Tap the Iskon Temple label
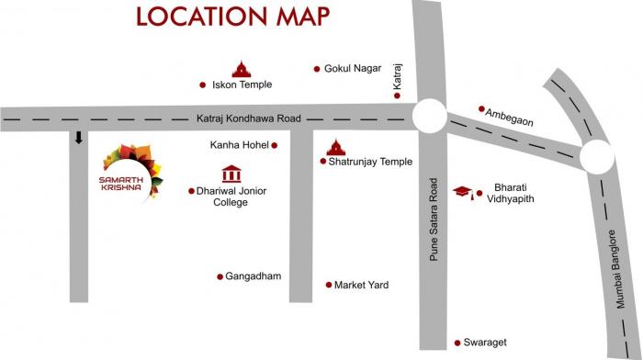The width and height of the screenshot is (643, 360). [x=243, y=84]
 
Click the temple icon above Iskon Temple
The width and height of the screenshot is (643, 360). [x=241, y=68]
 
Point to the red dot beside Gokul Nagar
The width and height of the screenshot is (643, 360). [x=317, y=69]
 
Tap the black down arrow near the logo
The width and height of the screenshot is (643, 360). [x=79, y=138]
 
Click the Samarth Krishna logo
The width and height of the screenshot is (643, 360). [x=129, y=172]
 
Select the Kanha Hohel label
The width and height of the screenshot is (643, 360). [x=238, y=145]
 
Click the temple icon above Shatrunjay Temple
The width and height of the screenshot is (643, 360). [x=336, y=146]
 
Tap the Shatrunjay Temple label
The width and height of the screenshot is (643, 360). [x=370, y=162]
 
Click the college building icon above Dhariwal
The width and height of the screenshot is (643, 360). [x=231, y=174]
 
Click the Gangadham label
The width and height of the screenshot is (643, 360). [x=254, y=276]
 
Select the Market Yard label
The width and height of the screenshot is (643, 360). [x=361, y=286]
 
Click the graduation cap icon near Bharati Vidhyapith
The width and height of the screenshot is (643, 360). [x=465, y=192]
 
